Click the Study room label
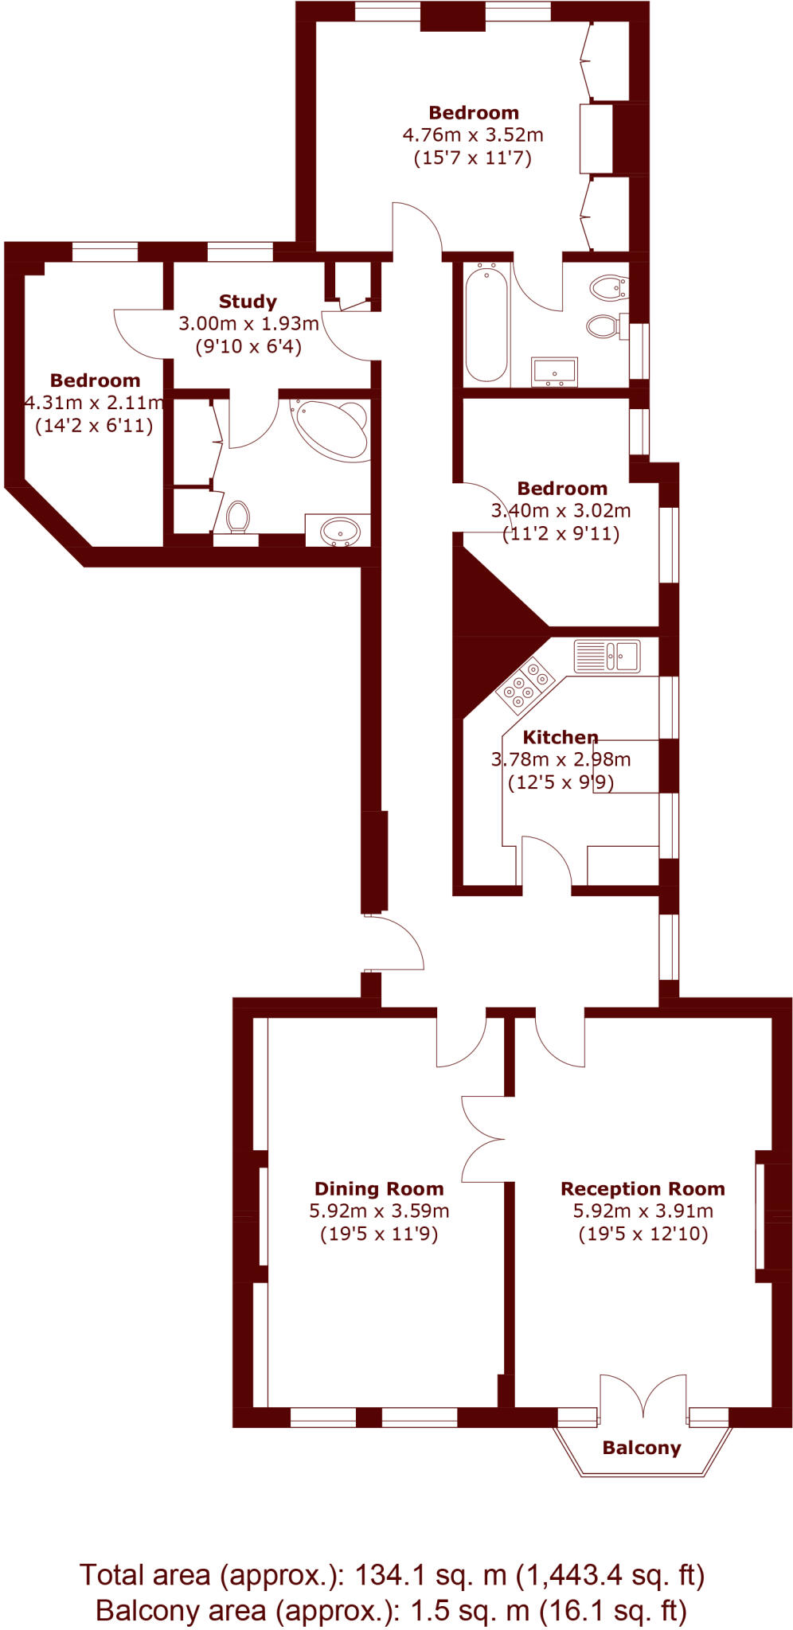point(248,302)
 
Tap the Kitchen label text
point(561,737)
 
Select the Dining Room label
point(379,1188)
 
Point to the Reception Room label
point(643,1188)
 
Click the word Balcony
point(642,1448)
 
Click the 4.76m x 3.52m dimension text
point(473,135)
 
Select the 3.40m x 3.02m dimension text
point(561,511)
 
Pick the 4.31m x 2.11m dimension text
point(94,403)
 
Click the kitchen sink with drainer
point(607,656)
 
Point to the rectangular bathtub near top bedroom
point(486,324)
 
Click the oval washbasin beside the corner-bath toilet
point(341,531)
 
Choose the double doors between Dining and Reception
point(482,1138)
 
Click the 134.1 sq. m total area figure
point(431,1574)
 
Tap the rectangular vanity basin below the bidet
point(554,372)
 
